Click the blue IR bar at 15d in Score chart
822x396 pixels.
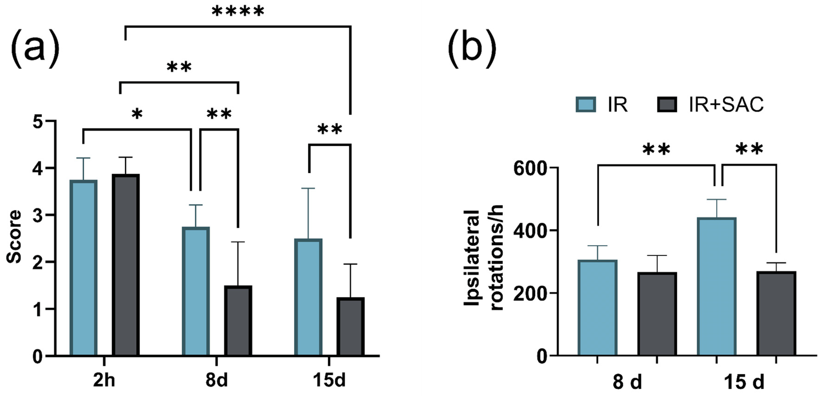308,297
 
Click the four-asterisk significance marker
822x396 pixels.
238,12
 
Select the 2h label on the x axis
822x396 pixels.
104,380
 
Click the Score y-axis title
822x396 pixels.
14,236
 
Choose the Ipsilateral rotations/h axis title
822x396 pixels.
483,257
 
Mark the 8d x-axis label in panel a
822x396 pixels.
216,380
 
